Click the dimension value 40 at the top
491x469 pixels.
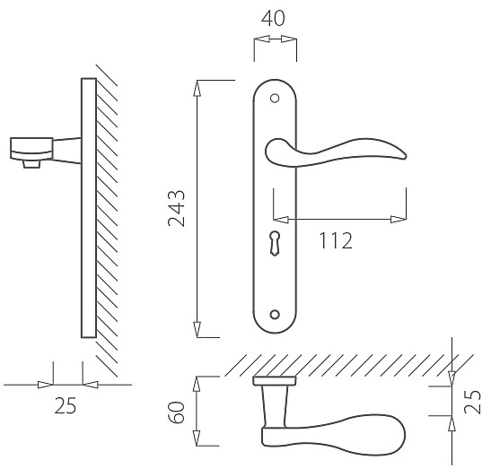[x=273, y=19]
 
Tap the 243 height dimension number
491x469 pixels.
[x=177, y=208]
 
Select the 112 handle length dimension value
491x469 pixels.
[x=336, y=240]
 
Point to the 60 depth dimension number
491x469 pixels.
[x=177, y=413]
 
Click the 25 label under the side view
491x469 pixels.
[x=66, y=406]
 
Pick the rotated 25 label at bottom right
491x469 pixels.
[x=472, y=402]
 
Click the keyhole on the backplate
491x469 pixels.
[x=275, y=243]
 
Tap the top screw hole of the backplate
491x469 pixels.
[x=275, y=99]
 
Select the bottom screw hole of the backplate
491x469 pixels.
[x=275, y=315]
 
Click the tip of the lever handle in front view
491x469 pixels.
[x=406, y=156]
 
